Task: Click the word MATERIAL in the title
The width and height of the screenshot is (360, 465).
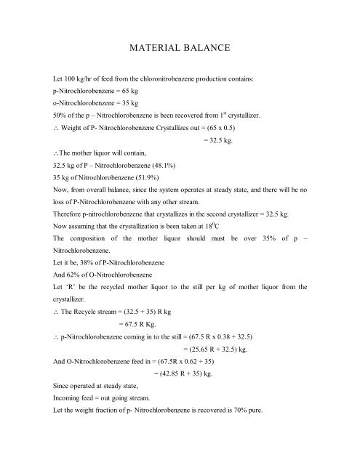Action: (x=155, y=49)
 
